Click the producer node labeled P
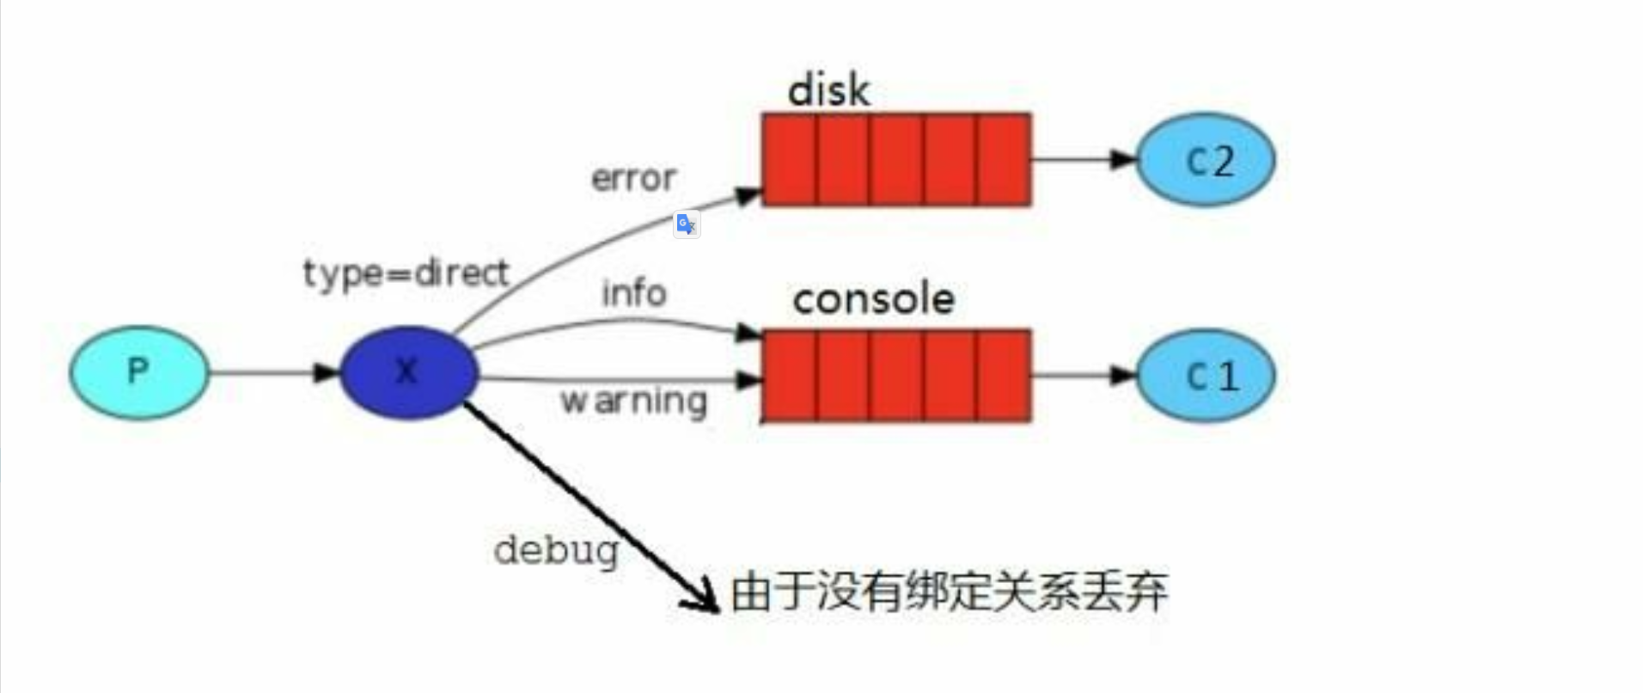point(138,372)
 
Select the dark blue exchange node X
point(408,372)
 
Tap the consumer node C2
point(1206,160)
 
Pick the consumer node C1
point(1206,376)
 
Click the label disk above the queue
point(828,90)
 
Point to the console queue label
point(873,299)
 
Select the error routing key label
point(633,179)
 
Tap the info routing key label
point(633,293)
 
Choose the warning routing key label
point(633,402)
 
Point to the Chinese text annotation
point(949,592)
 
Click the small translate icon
point(686,224)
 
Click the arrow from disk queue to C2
point(1083,159)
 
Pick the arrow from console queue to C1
point(1083,376)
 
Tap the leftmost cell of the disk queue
point(790,160)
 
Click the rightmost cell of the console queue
point(1004,376)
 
